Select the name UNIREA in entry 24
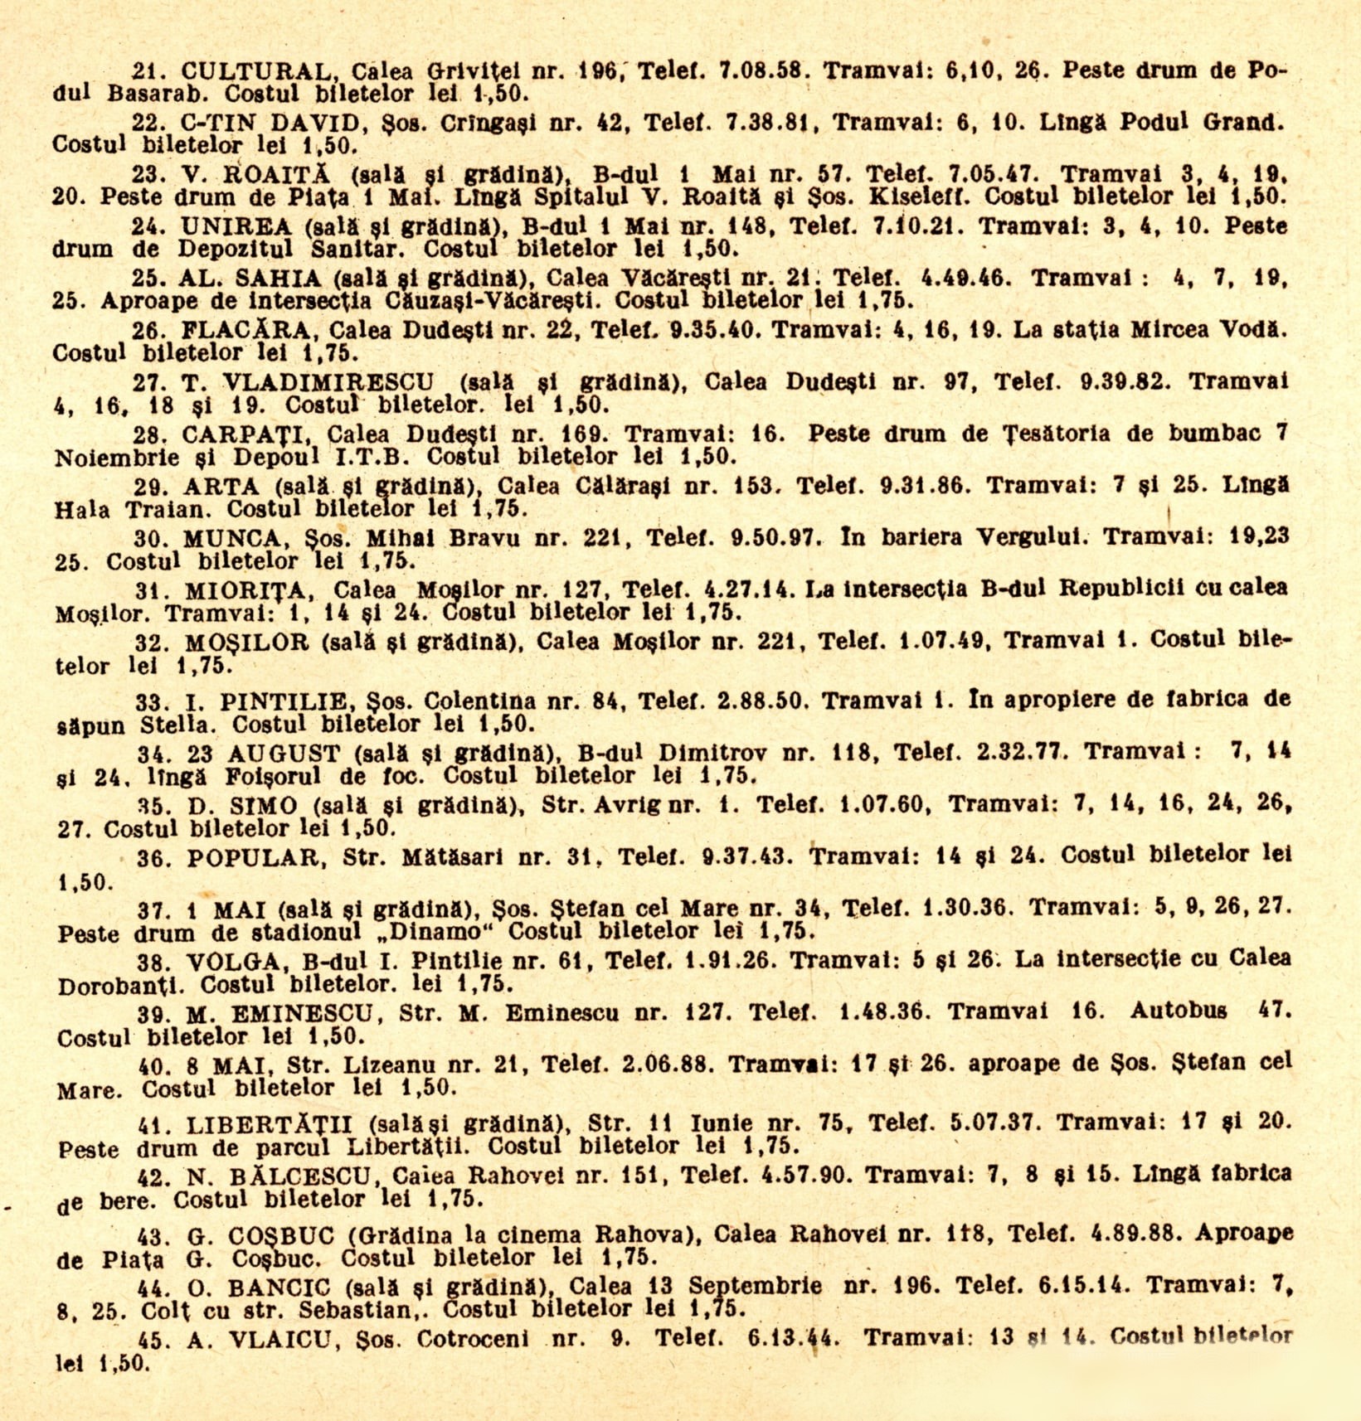coord(236,226)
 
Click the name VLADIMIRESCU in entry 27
coord(329,382)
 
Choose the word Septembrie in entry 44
coord(755,1287)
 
